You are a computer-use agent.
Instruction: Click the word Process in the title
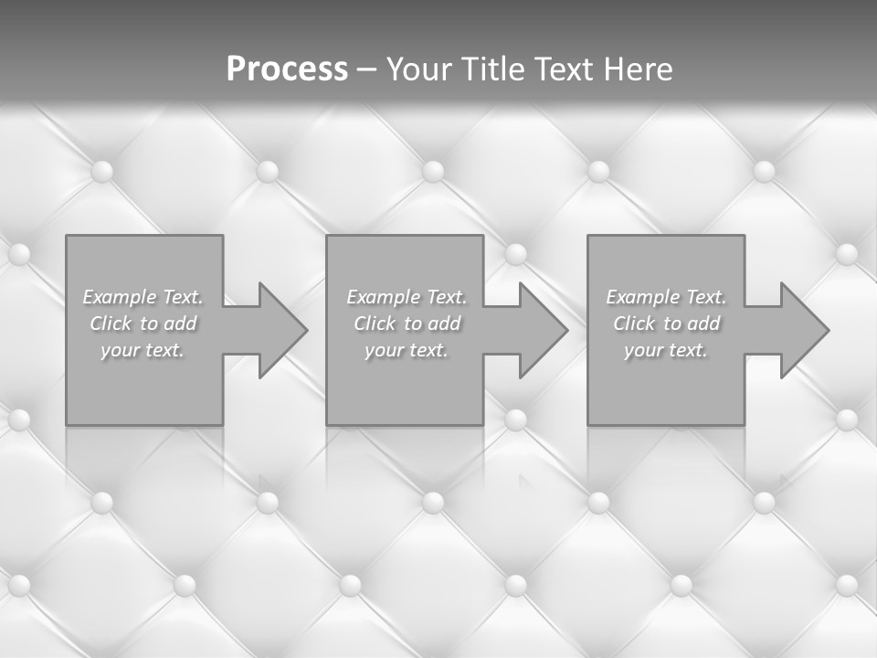coord(287,69)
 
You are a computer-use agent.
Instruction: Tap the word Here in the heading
coord(639,69)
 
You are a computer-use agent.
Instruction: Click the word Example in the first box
coord(120,297)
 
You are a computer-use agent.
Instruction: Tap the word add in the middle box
coord(443,324)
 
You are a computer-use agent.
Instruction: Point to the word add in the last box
coord(703,324)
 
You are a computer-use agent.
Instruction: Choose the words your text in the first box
coord(143,350)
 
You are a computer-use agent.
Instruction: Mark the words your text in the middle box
coord(406,350)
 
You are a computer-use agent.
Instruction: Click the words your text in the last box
coord(665,350)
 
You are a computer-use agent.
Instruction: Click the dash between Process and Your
coord(366,69)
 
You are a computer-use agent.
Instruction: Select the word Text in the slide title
coord(564,69)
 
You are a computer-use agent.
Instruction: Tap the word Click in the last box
coord(634,324)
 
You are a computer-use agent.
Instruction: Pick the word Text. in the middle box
coord(446,297)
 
